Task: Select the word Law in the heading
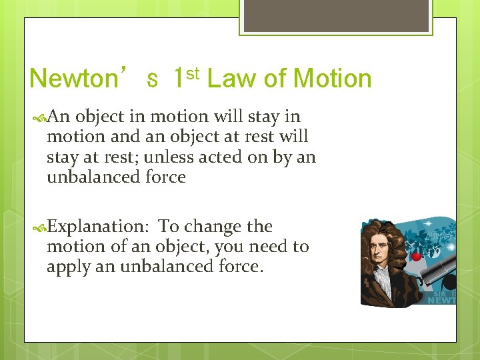230,79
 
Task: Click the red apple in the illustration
418,256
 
